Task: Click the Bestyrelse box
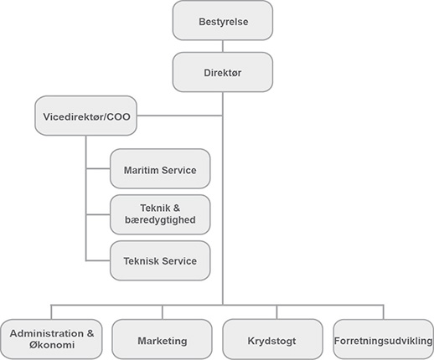click(223, 21)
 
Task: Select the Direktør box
click(223, 72)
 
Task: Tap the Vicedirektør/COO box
click(85, 116)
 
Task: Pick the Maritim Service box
click(160, 169)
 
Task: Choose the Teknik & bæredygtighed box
click(160, 214)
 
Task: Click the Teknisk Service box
click(160, 260)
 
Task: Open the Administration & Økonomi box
click(51, 339)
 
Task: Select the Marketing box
click(162, 339)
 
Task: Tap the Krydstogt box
click(272, 339)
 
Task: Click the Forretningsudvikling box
click(384, 339)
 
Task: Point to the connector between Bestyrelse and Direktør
click(223, 46)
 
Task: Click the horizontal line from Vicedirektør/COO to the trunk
click(179, 116)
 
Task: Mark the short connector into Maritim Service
click(98, 168)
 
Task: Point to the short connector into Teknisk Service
click(98, 260)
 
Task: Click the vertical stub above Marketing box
click(163, 312)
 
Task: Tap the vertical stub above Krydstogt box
click(276, 312)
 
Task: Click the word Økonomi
click(52, 345)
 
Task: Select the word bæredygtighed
click(160, 220)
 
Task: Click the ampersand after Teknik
click(177, 208)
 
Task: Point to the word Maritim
click(142, 170)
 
